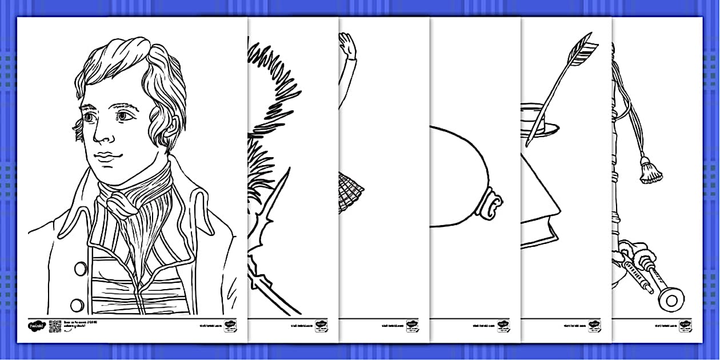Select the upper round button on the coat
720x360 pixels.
point(81,269)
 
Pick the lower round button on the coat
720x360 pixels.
point(77,304)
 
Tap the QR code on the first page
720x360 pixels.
point(55,326)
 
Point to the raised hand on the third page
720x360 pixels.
point(346,45)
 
